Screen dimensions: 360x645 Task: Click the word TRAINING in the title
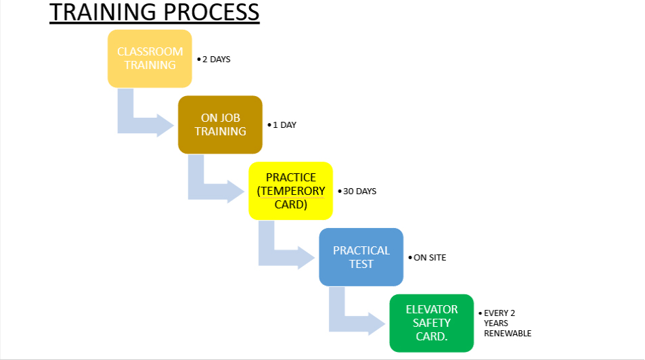pyautogui.click(x=102, y=13)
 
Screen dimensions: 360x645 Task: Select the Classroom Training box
pyautogui.click(x=150, y=58)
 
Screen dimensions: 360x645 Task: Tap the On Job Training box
pyautogui.click(x=220, y=125)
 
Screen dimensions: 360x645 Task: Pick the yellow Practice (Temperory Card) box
pyautogui.click(x=290, y=191)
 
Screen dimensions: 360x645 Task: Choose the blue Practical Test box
pyautogui.click(x=361, y=257)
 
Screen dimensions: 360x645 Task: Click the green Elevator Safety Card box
pyautogui.click(x=431, y=323)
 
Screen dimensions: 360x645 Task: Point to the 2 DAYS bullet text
pyautogui.click(x=216, y=60)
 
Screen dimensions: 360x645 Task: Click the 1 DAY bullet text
pyautogui.click(x=284, y=125)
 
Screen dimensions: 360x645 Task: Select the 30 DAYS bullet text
pyautogui.click(x=359, y=192)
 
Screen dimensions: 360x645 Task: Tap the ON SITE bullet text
pyautogui.click(x=430, y=258)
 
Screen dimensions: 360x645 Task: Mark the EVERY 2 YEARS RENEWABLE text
pyautogui.click(x=507, y=323)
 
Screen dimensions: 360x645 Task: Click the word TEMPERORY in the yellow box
pyautogui.click(x=291, y=191)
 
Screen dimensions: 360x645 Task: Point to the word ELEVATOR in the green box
pyautogui.click(x=432, y=309)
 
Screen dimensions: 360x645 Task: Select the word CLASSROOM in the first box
pyautogui.click(x=150, y=51)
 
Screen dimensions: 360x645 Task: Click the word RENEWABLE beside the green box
pyautogui.click(x=508, y=334)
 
